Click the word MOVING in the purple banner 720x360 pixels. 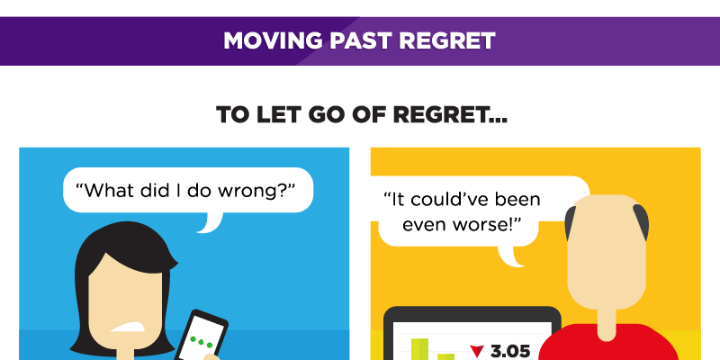tap(273, 40)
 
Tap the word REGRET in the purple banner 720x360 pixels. tap(446, 40)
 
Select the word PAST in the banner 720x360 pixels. tap(361, 40)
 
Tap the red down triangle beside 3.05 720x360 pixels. tap(478, 352)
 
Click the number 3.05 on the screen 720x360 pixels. tap(510, 352)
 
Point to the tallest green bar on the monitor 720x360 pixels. tap(419, 349)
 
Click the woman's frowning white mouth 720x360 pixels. tap(129, 327)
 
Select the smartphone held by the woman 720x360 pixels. tap(202, 335)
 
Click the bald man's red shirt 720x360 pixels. tap(606, 345)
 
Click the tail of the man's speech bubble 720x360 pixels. tap(510, 256)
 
